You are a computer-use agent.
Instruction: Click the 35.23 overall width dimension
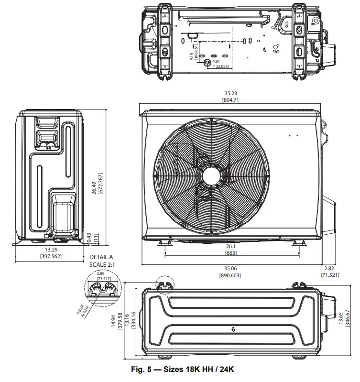[x=230, y=94]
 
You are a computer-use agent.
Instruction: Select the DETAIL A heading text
[x=101, y=257]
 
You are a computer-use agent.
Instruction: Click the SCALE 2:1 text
[x=101, y=264]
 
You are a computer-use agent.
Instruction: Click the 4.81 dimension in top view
[x=216, y=61]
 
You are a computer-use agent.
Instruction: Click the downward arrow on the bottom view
[x=233, y=329]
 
